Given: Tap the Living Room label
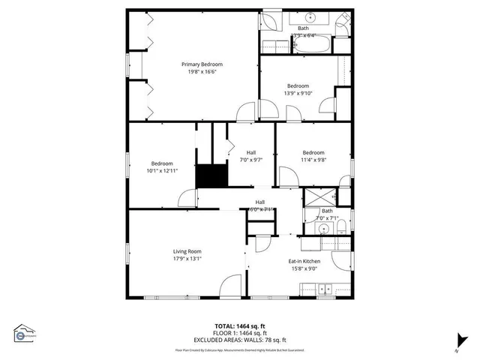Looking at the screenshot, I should point(187,251).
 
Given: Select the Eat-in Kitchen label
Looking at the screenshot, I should point(304,261).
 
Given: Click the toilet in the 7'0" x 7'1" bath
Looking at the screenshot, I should point(339,227).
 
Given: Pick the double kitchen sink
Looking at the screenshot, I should point(324,286).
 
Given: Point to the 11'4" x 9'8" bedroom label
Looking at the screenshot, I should point(313,155).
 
